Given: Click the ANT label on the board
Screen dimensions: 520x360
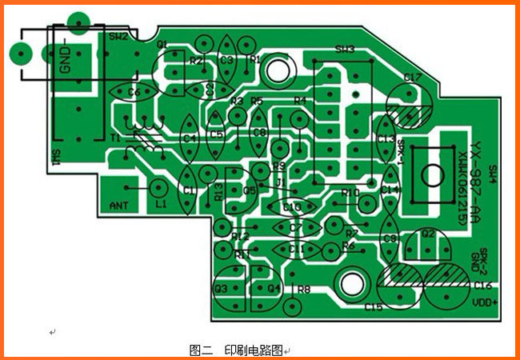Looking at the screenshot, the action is tap(118, 206).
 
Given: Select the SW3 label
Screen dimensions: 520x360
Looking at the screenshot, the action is tap(345, 50).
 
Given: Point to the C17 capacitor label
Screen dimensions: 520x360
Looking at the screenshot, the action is tap(413, 78).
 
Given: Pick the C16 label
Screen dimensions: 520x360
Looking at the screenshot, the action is tap(482, 285).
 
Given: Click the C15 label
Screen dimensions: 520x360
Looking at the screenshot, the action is tap(374, 306).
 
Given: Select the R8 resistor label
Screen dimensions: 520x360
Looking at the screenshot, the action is tap(304, 289).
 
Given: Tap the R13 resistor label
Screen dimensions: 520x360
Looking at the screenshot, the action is tap(218, 191).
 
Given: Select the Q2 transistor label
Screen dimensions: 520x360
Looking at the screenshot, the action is tap(428, 234).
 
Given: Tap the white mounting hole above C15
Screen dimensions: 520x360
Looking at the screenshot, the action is tap(351, 284).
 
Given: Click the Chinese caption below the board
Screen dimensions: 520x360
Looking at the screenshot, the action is tap(238, 350).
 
